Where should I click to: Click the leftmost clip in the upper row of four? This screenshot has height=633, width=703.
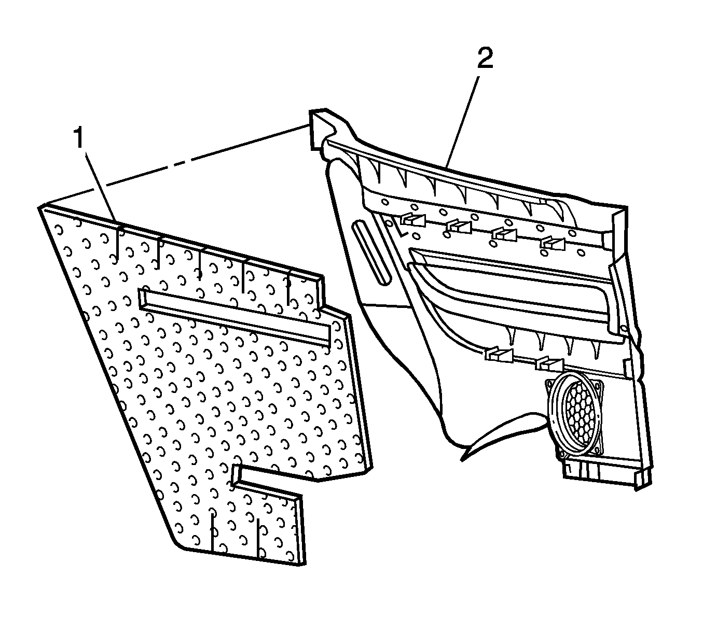click(413, 220)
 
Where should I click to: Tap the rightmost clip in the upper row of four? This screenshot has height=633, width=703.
click(553, 243)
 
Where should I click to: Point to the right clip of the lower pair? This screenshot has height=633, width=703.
click(549, 364)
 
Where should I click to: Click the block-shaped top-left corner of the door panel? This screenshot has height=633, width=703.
click(320, 130)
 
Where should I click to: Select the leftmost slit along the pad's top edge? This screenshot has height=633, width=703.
click(117, 242)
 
